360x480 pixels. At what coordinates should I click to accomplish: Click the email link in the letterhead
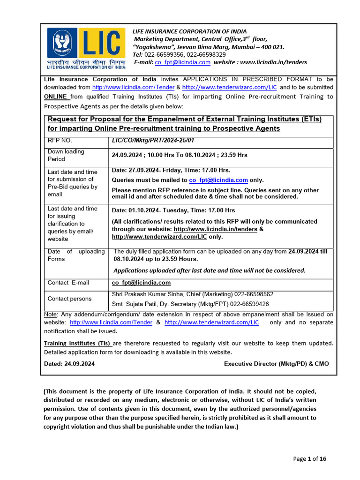182,62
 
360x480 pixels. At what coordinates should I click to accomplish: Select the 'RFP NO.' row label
60,140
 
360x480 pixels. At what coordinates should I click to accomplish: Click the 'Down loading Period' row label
66,155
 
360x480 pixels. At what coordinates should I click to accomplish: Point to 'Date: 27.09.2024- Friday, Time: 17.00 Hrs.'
171,170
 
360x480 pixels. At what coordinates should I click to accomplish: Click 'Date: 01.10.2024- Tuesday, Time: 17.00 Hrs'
173,210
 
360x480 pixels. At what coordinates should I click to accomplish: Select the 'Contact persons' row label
69,299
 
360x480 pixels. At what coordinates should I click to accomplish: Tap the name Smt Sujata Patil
138,304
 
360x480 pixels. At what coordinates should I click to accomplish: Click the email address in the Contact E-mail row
141,283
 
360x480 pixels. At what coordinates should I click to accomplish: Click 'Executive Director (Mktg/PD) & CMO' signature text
277,364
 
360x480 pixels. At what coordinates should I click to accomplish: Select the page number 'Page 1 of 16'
309,459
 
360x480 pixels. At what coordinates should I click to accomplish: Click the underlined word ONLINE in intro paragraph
57,97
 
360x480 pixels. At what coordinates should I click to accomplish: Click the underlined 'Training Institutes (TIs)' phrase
77,343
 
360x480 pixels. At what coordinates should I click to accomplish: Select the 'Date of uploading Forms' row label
76,255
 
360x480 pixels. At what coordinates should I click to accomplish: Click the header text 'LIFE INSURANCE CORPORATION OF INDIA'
189,31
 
